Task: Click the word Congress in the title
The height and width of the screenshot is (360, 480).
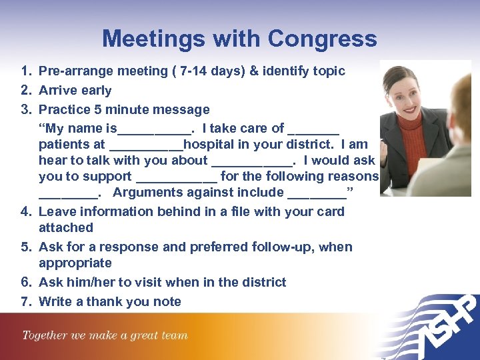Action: click(327, 39)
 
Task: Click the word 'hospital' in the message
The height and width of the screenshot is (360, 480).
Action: click(210, 144)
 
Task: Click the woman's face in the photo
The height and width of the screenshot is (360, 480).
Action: click(406, 90)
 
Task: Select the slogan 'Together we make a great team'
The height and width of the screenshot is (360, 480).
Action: click(105, 335)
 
